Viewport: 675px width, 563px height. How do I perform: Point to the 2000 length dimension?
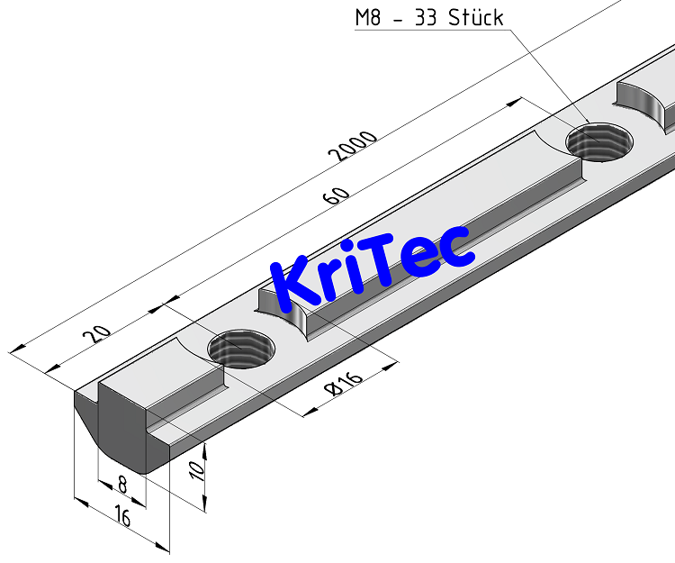click(x=353, y=147)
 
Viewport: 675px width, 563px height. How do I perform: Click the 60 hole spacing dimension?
click(x=337, y=195)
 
